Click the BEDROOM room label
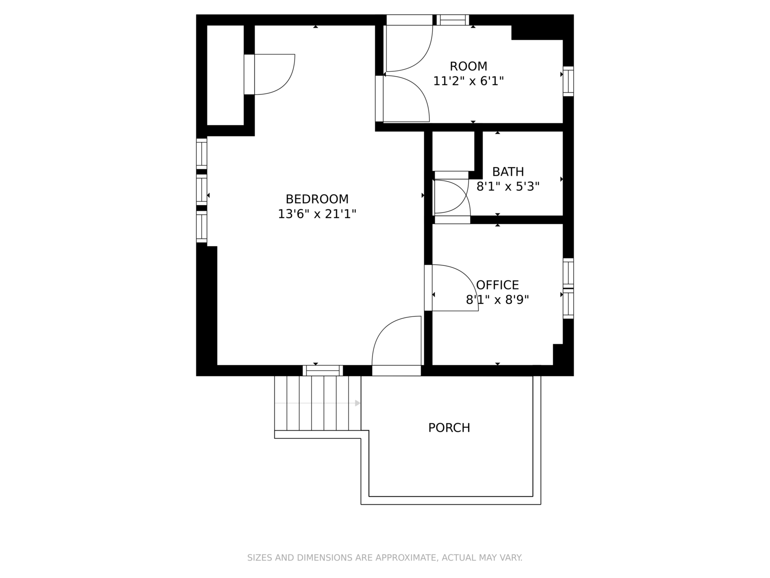(317, 199)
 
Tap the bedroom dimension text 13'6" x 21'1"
(317, 214)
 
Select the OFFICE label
(498, 285)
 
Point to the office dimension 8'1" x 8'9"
(497, 300)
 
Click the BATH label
(508, 172)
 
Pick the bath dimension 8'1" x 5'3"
(508, 186)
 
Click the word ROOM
(468, 66)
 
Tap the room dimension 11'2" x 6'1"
(468, 81)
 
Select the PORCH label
(449, 428)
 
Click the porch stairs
(318, 403)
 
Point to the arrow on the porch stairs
(357, 403)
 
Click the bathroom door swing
(451, 197)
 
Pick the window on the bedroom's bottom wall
(323, 370)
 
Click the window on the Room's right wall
(568, 81)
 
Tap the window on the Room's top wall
(452, 20)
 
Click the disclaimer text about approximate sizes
(385, 558)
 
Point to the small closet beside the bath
(453, 150)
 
